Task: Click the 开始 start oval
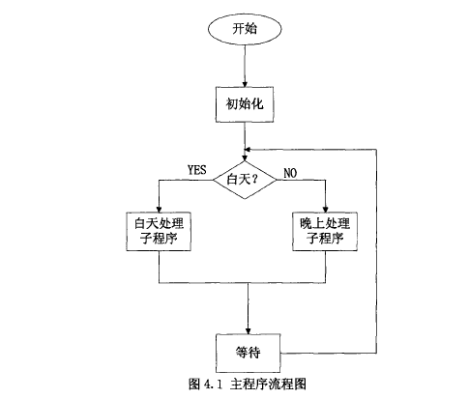246,29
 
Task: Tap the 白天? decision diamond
246,180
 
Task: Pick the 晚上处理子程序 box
327,232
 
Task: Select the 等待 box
246,349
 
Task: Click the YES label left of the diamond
197,170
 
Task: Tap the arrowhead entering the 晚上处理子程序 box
327,207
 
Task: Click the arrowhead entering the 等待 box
246,327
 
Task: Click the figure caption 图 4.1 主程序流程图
245,385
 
